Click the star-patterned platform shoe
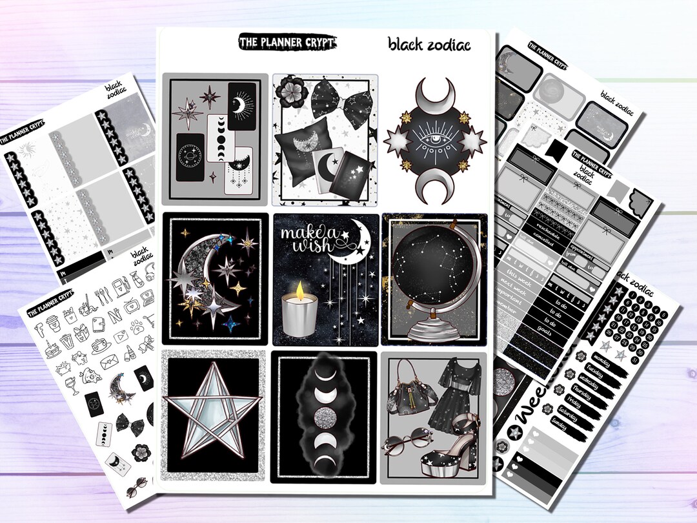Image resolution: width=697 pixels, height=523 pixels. [x=452, y=446]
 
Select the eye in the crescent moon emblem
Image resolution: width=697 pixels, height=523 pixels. [x=436, y=140]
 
